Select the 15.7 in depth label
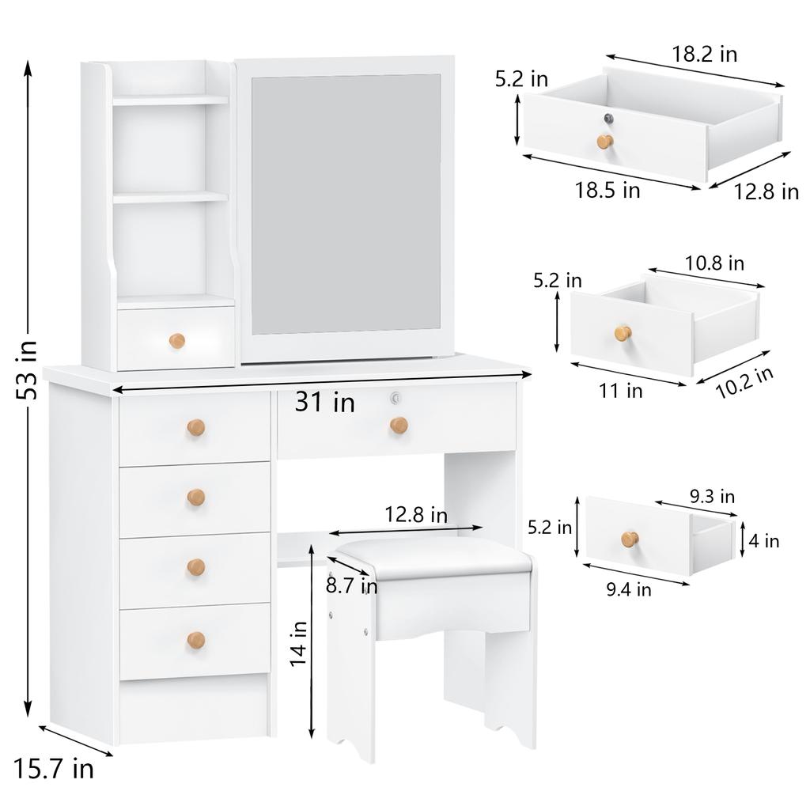click(x=54, y=767)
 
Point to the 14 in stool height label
click(x=298, y=644)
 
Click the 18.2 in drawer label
click(x=704, y=54)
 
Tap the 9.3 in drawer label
click(x=712, y=497)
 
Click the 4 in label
click(x=764, y=541)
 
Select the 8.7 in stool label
click(x=351, y=585)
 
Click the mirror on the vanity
click(x=346, y=203)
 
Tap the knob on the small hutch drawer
click(x=177, y=341)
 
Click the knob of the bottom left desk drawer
click(x=196, y=640)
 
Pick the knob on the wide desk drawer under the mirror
click(x=399, y=426)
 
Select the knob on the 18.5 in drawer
click(x=605, y=142)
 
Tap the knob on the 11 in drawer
click(x=623, y=333)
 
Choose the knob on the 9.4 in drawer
click(x=630, y=539)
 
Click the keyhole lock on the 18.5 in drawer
click(x=609, y=119)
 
